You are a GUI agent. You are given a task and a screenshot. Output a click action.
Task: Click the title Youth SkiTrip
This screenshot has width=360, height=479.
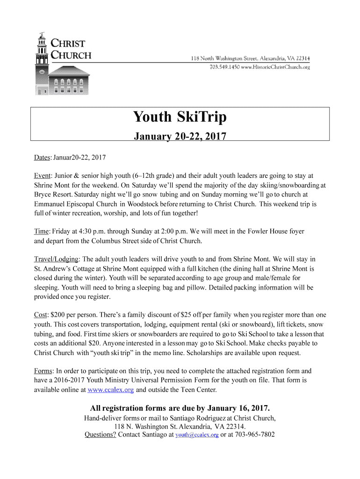(180, 117)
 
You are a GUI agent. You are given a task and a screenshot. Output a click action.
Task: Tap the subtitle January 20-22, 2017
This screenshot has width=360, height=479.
(180, 137)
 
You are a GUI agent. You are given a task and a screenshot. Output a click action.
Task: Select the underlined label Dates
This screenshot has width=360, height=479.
(42, 158)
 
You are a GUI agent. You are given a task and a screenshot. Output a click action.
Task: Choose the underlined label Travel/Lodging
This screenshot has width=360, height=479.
(56, 259)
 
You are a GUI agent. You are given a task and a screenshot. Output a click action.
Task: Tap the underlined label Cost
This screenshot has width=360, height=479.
(41, 315)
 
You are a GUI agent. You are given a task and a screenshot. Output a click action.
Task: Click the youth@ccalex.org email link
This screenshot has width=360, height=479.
(197, 435)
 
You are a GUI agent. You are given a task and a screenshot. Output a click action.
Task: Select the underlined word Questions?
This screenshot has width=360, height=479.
(100, 435)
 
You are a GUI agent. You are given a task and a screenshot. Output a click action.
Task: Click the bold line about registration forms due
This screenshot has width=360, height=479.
(180, 406)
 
